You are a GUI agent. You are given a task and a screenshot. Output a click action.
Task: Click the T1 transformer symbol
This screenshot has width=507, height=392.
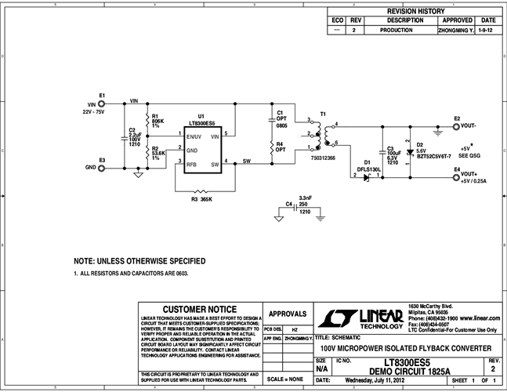(x=323, y=134)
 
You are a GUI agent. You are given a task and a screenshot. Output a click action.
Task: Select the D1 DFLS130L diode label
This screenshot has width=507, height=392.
(x=368, y=169)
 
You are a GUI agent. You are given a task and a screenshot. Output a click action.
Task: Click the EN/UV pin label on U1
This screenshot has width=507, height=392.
(x=194, y=136)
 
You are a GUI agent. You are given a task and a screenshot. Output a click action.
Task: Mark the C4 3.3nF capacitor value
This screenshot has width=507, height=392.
(x=305, y=198)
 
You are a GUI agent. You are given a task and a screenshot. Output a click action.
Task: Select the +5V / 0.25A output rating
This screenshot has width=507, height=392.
(x=475, y=181)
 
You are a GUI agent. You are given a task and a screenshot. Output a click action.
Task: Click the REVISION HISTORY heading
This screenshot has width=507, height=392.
(x=415, y=12)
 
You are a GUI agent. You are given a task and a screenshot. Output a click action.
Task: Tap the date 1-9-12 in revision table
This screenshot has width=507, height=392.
(x=487, y=29)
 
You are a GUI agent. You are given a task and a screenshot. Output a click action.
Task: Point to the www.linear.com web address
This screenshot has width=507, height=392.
(x=476, y=319)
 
